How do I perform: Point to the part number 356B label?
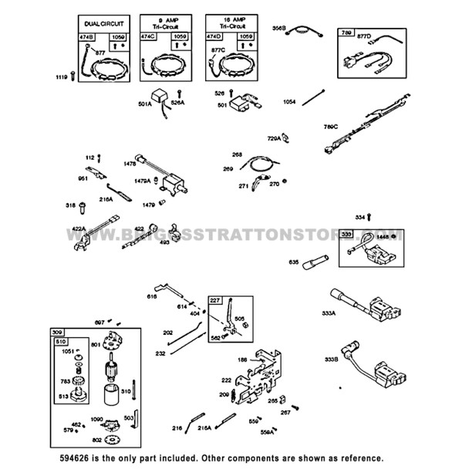click(x=279, y=28)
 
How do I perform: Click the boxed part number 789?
click(x=346, y=33)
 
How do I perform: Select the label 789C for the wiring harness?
click(x=331, y=126)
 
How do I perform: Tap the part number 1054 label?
click(x=289, y=101)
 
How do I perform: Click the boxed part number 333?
click(x=347, y=233)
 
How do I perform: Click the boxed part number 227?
click(x=214, y=301)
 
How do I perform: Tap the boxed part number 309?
click(x=58, y=332)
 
